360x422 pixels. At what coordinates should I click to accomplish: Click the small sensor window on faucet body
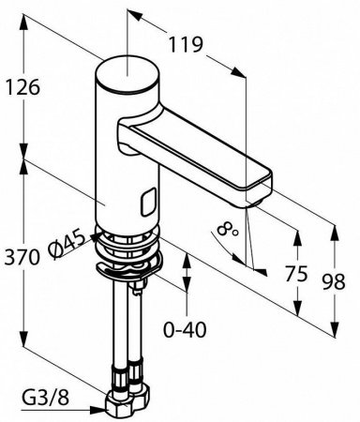click(x=145, y=200)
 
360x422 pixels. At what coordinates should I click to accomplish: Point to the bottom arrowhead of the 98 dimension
click(x=333, y=325)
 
